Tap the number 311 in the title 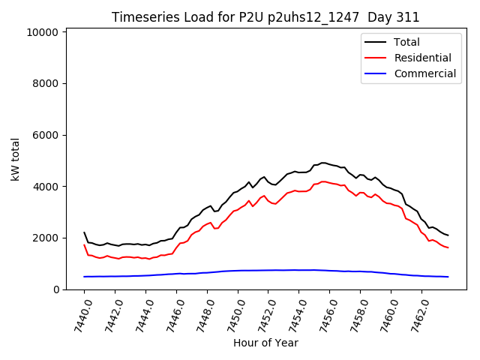click(x=409, y=17)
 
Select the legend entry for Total click(x=406, y=42)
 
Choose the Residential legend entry click(x=422, y=58)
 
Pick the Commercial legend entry click(x=424, y=73)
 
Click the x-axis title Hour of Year click(x=265, y=343)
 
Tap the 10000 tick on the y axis click(x=43, y=33)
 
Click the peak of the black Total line click(x=323, y=163)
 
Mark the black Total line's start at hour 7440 click(x=85, y=232)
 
